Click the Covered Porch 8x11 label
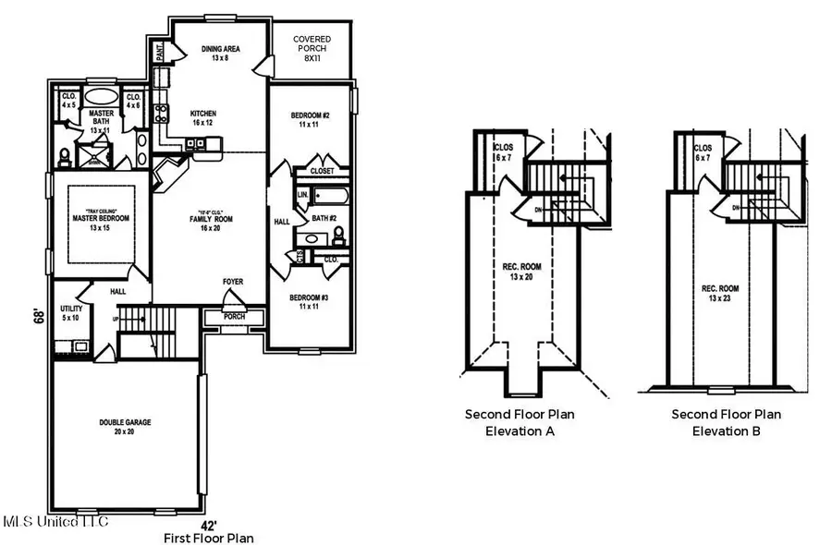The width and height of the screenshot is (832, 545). [x=312, y=45]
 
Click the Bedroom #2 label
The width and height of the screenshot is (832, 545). [x=311, y=119]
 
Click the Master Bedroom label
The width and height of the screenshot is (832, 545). [x=101, y=223]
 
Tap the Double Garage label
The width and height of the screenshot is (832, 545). [x=126, y=427]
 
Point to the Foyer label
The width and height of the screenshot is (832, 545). [x=233, y=282]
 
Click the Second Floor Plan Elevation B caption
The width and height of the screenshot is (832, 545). [x=726, y=422]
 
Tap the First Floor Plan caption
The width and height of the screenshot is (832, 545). [x=208, y=538]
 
